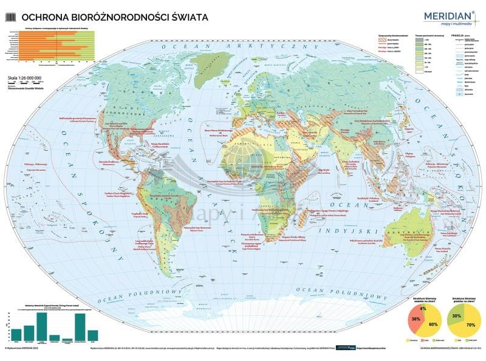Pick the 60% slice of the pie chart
[432, 325]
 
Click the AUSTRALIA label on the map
[415, 232]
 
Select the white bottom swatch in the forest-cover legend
[419, 70]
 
